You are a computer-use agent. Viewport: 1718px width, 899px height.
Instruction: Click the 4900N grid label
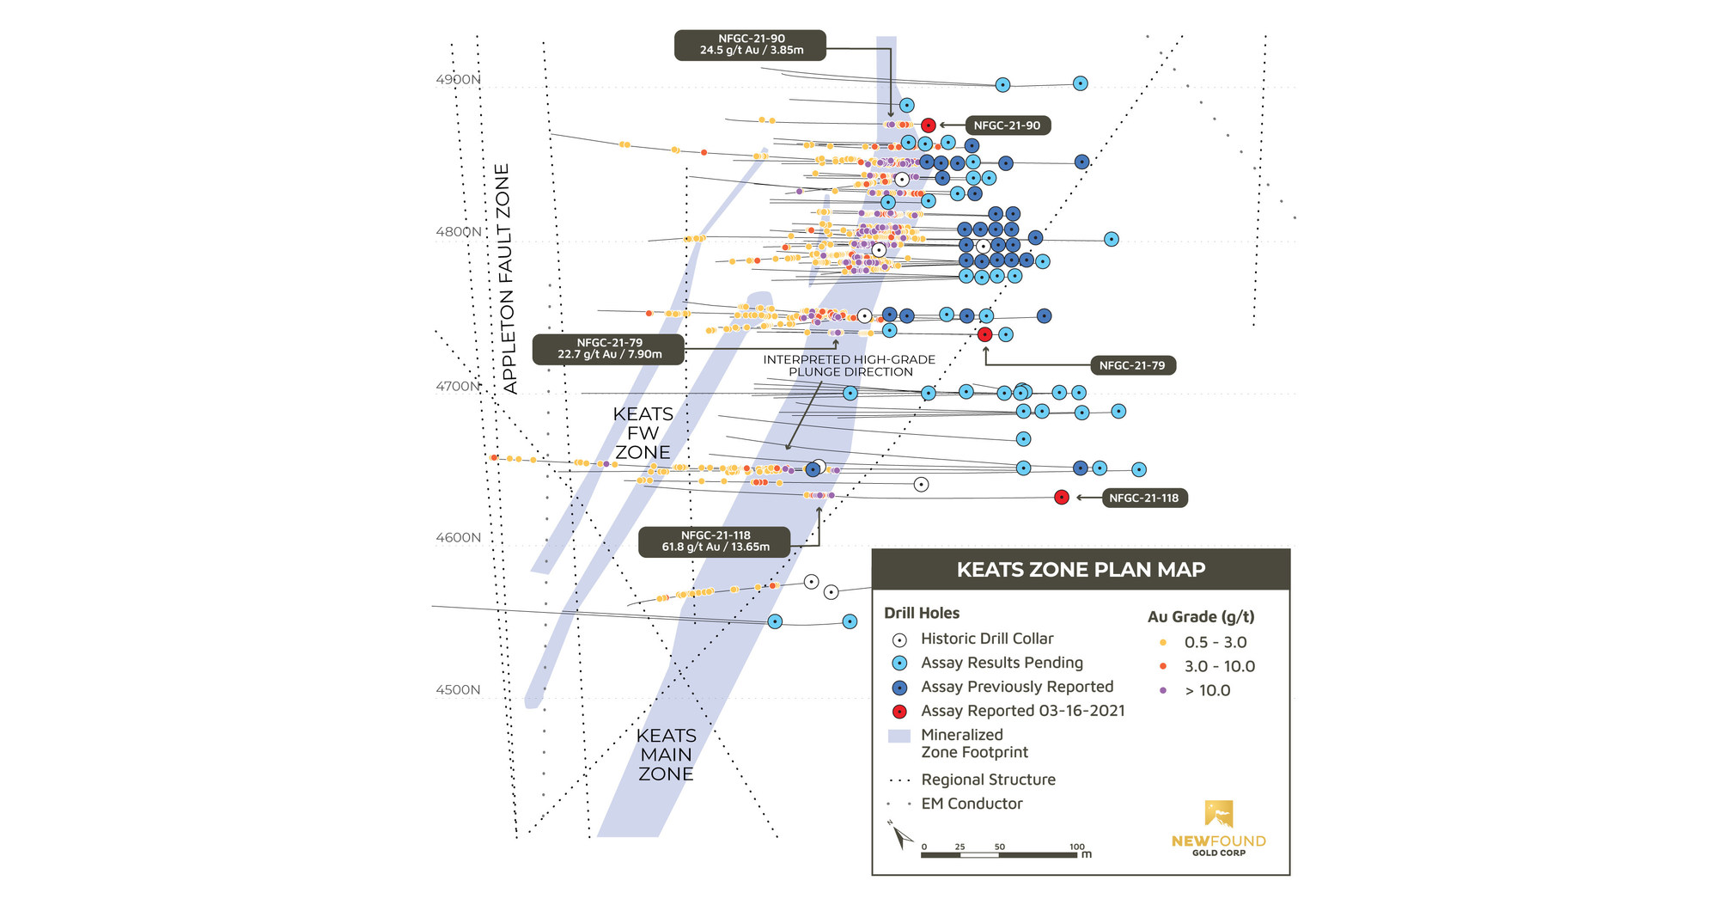coord(458,80)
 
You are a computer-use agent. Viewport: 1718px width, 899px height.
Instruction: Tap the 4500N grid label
coord(458,690)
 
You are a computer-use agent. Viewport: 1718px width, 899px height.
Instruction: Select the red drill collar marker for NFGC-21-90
coord(928,125)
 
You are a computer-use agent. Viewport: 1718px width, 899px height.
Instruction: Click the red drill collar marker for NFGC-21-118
coord(1062,498)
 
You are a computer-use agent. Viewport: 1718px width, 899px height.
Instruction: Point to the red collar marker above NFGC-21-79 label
coord(985,334)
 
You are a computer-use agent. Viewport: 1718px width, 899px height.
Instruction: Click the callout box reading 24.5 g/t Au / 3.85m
coord(751,45)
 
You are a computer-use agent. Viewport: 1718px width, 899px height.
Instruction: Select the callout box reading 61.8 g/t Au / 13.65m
coord(715,541)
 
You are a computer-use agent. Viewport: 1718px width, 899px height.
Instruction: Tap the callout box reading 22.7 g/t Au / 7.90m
coord(609,349)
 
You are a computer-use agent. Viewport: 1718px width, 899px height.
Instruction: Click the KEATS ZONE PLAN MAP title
coord(1081,570)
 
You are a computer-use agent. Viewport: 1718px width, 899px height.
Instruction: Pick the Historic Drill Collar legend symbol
coord(899,640)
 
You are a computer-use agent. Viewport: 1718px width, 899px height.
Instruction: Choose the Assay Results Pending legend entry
coord(1001,663)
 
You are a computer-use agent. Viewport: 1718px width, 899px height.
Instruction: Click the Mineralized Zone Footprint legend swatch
coord(899,736)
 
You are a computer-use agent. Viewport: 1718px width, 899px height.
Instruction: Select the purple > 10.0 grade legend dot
coord(1163,690)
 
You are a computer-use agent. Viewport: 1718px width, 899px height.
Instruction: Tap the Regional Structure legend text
coord(988,780)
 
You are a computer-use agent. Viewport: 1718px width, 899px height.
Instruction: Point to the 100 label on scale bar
coord(1076,847)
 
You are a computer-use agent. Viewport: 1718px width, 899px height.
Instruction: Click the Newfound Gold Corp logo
coord(1218,827)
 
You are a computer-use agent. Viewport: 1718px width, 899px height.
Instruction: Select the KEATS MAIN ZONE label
coord(666,755)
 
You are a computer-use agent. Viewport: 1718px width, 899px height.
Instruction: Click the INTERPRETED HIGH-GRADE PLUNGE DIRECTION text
coord(850,366)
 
